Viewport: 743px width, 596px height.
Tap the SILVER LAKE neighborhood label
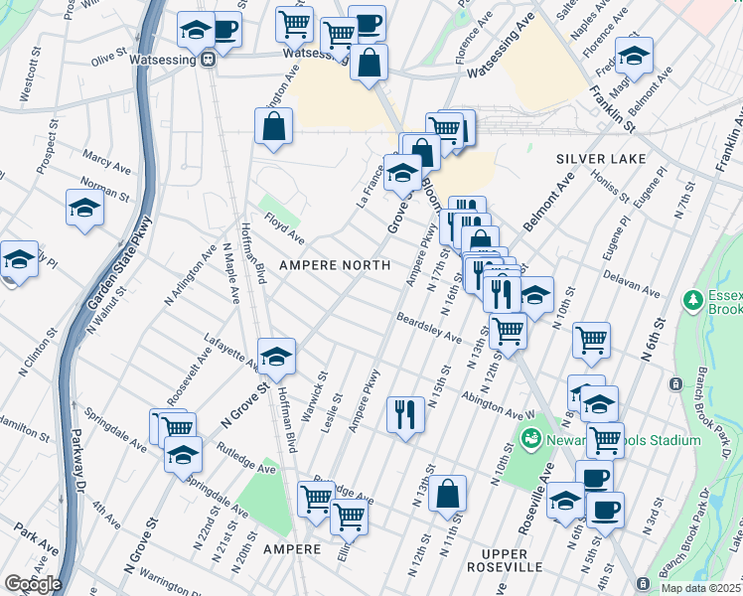(600, 159)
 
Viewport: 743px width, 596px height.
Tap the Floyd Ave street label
(283, 233)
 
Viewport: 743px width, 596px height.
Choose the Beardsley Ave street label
(428, 329)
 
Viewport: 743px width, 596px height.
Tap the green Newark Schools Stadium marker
(531, 438)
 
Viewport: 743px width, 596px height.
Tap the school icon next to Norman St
(85, 208)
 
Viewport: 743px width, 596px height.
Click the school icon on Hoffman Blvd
(276, 356)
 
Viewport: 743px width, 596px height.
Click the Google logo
(32, 584)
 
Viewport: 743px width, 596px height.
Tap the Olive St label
(104, 61)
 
